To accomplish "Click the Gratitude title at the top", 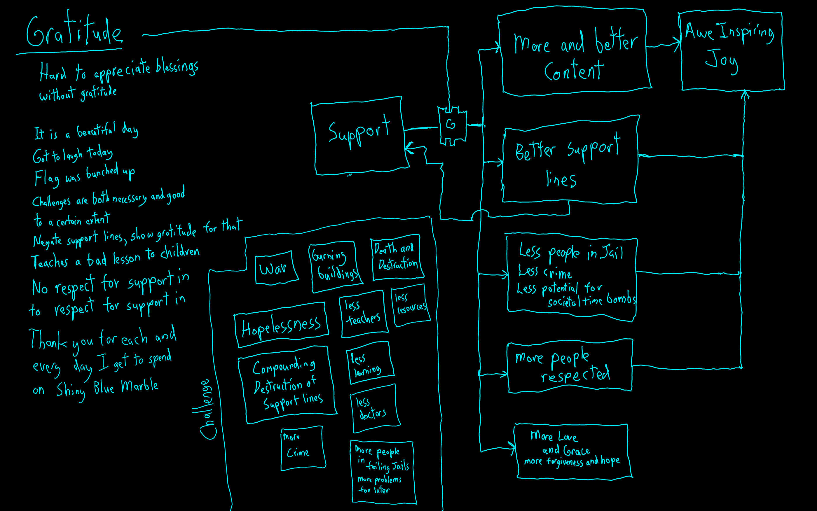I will pyautogui.click(x=74, y=32).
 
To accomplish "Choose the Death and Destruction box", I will pyautogui.click(x=397, y=258).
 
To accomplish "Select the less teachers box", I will pyautogui.click(x=363, y=313).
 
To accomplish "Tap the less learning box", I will pyautogui.click(x=369, y=363).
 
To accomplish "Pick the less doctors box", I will pyautogui.click(x=375, y=409).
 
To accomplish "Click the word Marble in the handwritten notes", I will pyautogui.click(x=139, y=386).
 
